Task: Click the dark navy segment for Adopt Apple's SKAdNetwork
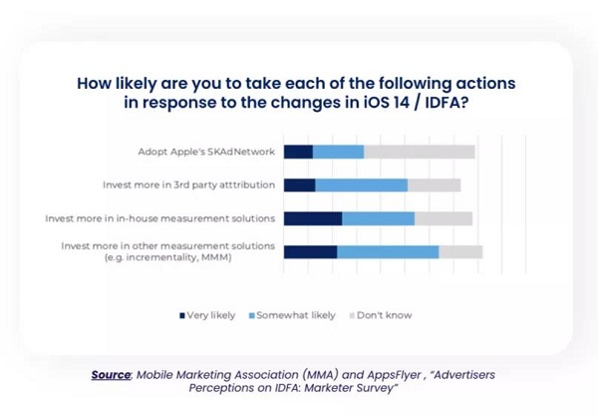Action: pyautogui.click(x=298, y=152)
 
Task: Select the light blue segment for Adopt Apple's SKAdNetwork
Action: pyautogui.click(x=338, y=152)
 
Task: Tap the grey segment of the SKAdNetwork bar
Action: pyautogui.click(x=420, y=152)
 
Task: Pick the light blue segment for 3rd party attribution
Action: pyautogui.click(x=362, y=186)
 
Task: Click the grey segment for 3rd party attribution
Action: pyautogui.click(x=434, y=186)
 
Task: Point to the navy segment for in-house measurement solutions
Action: pyautogui.click(x=313, y=218)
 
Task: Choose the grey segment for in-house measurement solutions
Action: pyautogui.click(x=444, y=218)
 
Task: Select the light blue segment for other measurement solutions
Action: pyautogui.click(x=388, y=252)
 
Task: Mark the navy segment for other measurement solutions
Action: pyautogui.click(x=310, y=252)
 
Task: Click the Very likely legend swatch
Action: pyautogui.click(x=182, y=315)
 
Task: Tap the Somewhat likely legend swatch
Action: pyautogui.click(x=252, y=315)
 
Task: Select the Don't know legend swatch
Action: pyautogui.click(x=352, y=315)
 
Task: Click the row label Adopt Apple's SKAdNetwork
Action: pyautogui.click(x=206, y=152)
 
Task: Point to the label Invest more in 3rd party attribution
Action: pyautogui.click(x=188, y=186)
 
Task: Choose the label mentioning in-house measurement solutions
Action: pyautogui.click(x=160, y=218)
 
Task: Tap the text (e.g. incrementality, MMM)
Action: pyautogui.click(x=168, y=257)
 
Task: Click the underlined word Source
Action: pyautogui.click(x=111, y=375)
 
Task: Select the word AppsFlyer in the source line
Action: pyautogui.click(x=394, y=375)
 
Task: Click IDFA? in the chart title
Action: pyautogui.click(x=447, y=103)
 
